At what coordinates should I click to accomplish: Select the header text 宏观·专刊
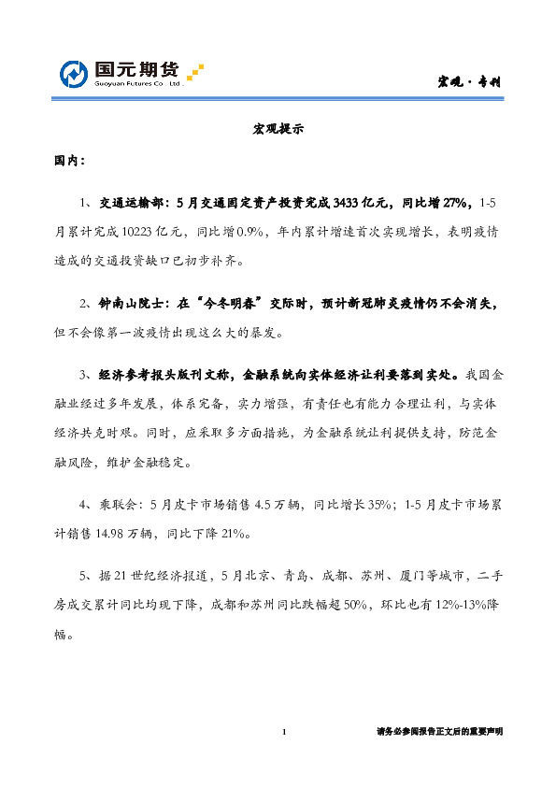click(x=470, y=81)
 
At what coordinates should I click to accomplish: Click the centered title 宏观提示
click(x=278, y=130)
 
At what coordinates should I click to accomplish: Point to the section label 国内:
click(x=69, y=161)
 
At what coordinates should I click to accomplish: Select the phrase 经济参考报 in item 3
click(x=135, y=376)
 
